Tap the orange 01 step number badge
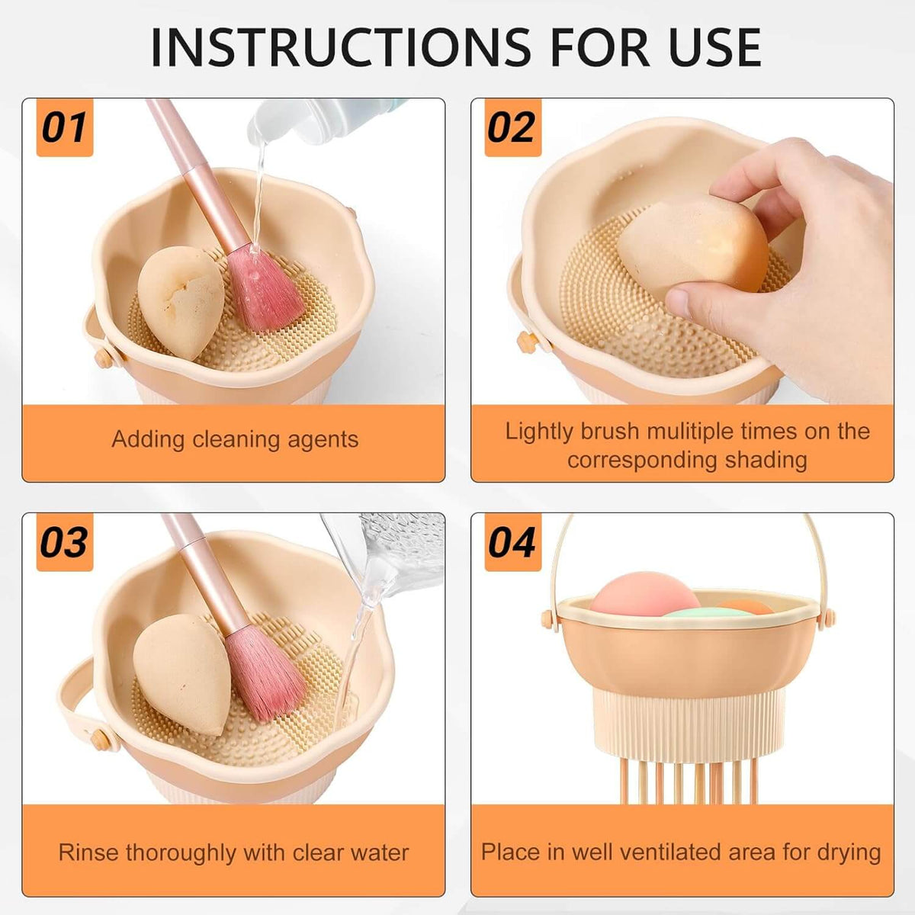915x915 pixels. pos(65,127)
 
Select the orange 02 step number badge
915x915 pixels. pos(513,127)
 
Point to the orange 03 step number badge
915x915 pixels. pos(65,542)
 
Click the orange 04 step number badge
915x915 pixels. pos(513,542)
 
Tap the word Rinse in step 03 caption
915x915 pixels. pos(88,852)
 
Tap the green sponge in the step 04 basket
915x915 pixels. pos(708,612)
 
